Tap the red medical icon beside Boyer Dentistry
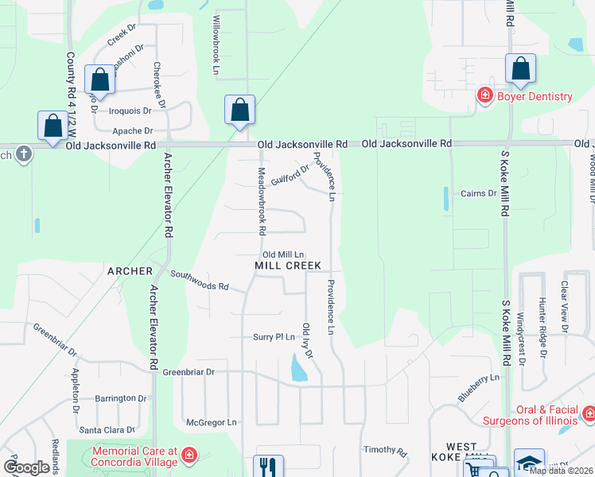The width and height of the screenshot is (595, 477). (484, 96)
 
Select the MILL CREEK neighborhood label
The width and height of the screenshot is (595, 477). (287, 265)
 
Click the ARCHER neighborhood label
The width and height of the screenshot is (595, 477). (130, 271)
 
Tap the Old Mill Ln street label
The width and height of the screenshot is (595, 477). (284, 254)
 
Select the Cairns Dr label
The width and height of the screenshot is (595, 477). (478, 193)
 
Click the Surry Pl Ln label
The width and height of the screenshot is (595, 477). (274, 337)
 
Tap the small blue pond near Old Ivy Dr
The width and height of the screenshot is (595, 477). (299, 367)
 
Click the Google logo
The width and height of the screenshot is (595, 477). (26, 467)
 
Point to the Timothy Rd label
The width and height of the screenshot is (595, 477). (385, 450)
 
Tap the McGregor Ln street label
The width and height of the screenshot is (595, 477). (211, 422)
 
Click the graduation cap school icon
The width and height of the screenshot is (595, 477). (530, 463)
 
